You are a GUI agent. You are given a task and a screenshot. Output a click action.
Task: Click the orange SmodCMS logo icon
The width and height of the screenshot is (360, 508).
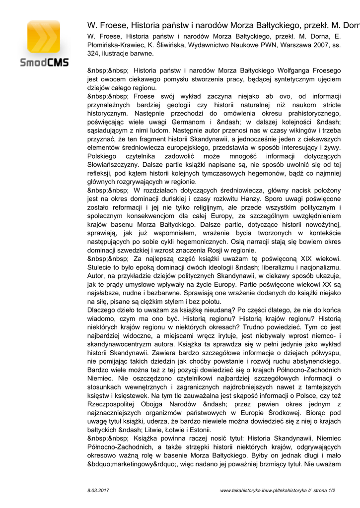coord(44,38)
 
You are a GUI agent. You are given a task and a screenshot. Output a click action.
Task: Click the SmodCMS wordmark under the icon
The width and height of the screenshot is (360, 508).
coord(44,63)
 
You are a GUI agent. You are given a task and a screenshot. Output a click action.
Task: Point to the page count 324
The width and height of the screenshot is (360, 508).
coord(93,53)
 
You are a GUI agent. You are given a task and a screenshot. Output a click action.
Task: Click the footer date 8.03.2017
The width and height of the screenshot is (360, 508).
coord(98,491)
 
